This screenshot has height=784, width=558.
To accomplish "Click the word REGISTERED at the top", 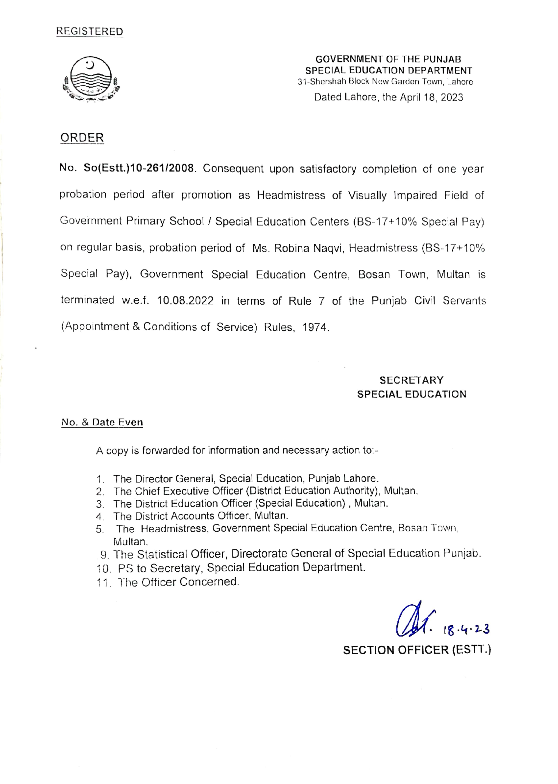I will [x=90, y=32].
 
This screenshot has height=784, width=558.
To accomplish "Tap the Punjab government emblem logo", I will [x=91, y=79].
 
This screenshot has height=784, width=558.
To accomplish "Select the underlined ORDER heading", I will [x=82, y=138].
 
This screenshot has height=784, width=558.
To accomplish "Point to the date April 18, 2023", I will [x=431, y=98].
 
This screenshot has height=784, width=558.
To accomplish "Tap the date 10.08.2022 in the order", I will [x=185, y=301].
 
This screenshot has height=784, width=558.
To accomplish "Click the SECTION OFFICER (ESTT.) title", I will [x=417, y=650].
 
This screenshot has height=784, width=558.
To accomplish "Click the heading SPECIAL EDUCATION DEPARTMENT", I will [x=389, y=71].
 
